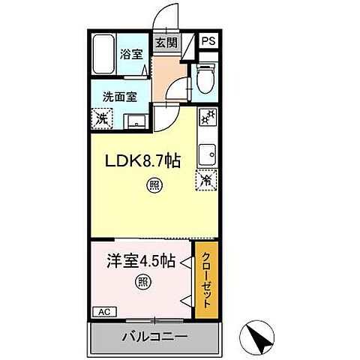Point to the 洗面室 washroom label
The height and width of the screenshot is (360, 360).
[x=121, y=97]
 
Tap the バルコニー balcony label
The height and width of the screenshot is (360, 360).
[x=154, y=336]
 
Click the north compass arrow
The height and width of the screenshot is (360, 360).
[x=262, y=338]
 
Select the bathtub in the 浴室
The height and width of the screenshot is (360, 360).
[x=103, y=53]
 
